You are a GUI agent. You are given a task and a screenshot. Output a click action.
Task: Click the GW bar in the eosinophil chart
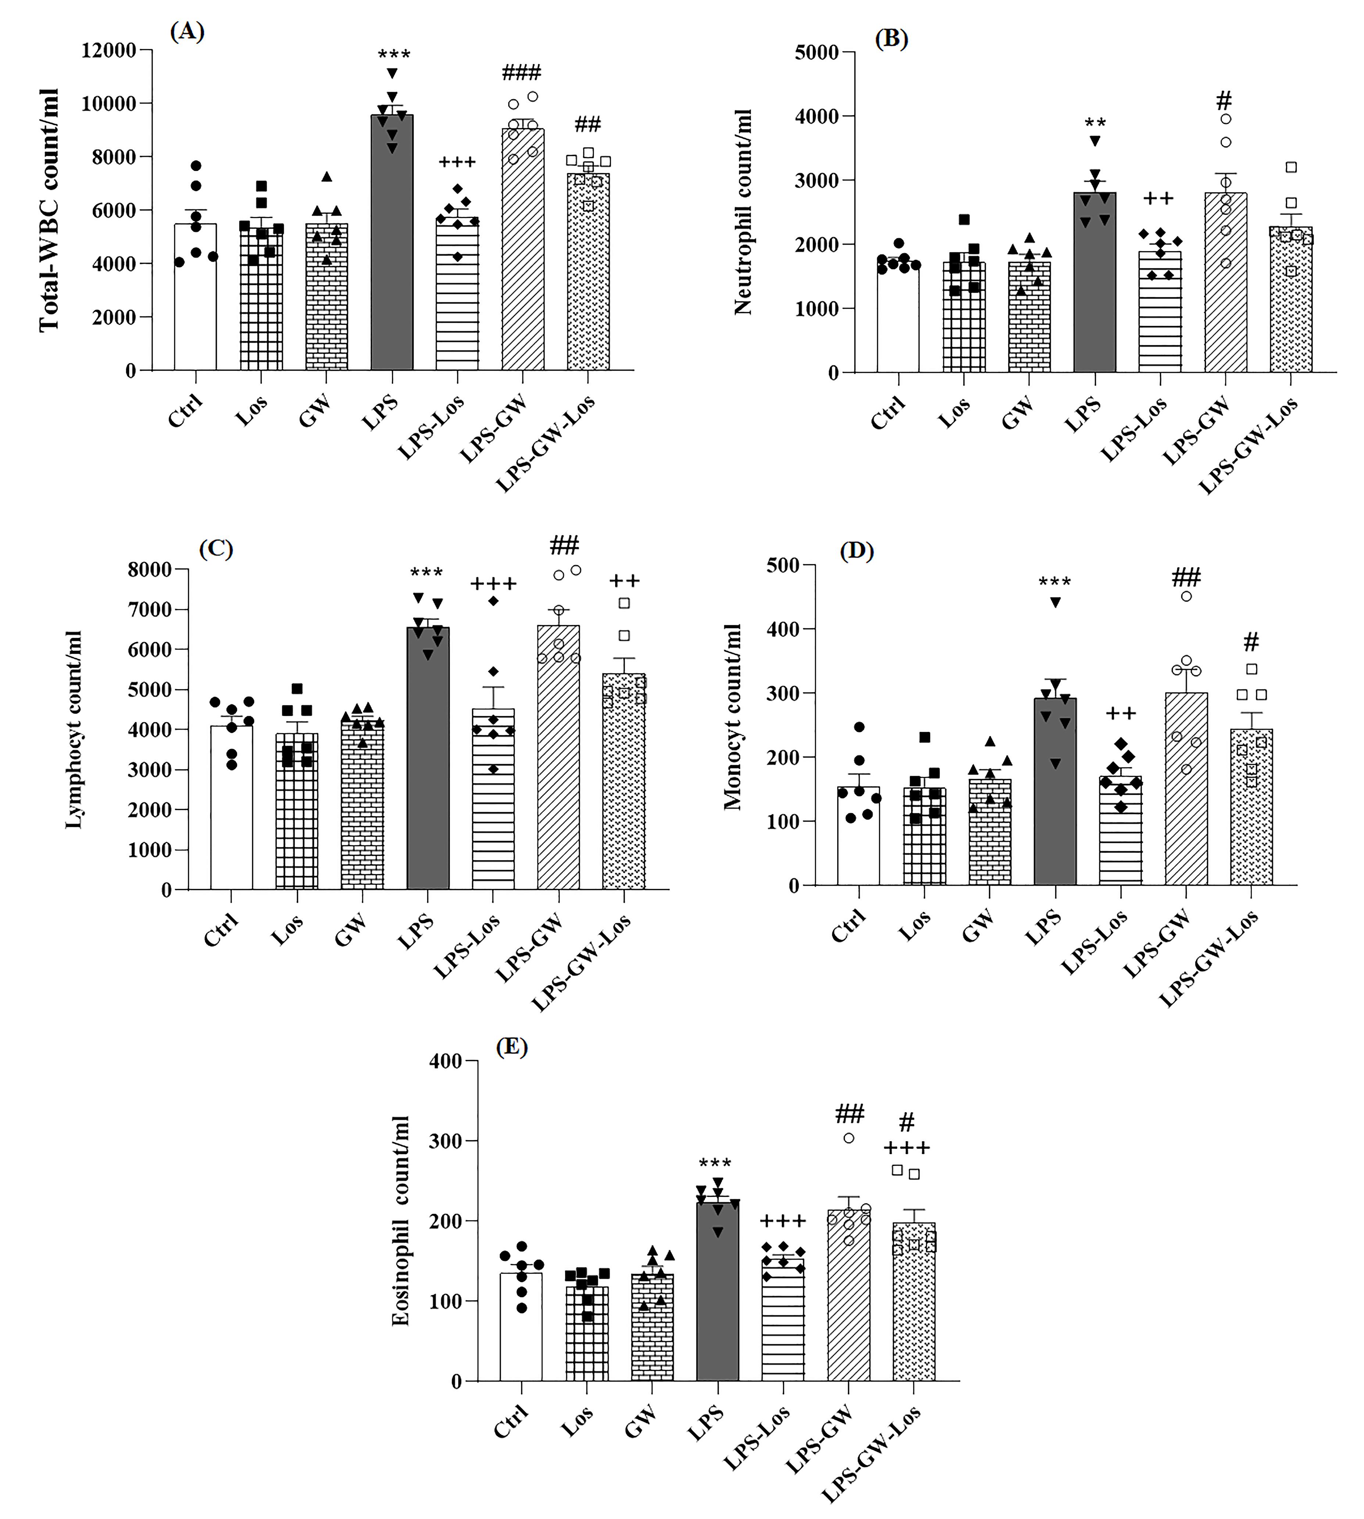652,1328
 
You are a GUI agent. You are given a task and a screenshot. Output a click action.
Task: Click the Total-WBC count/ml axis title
50,210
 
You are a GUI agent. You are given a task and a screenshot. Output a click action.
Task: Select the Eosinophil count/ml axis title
401,1221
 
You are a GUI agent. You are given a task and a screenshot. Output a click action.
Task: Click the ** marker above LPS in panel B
1095,123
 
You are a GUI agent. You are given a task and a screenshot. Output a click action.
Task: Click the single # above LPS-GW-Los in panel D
1251,642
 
